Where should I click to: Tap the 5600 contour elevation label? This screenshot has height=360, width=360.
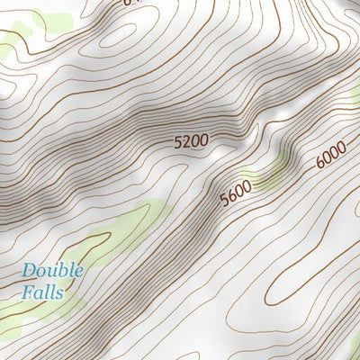(x=235, y=190)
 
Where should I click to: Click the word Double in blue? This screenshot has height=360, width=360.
(x=53, y=270)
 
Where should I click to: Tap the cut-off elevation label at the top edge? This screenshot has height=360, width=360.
(x=131, y=3)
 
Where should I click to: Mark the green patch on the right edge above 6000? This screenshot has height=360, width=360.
(x=355, y=94)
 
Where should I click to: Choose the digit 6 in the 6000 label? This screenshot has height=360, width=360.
(x=319, y=166)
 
